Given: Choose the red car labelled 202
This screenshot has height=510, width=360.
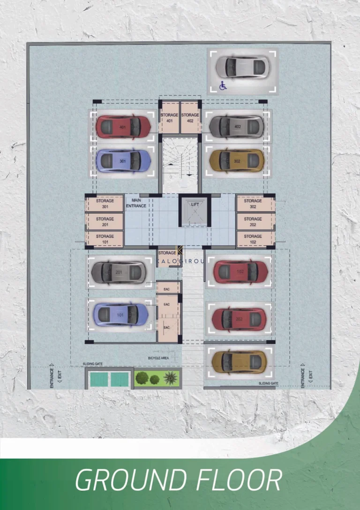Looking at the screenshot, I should click(239, 319).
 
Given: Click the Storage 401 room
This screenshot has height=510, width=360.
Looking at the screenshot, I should click(169, 117).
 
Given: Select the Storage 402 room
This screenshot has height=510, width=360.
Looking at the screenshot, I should click(190, 117).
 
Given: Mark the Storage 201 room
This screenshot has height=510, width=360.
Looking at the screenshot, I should click(105, 221).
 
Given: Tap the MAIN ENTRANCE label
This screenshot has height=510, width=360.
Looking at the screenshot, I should click(136, 203).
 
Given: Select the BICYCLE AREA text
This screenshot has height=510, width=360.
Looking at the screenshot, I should click(158, 358).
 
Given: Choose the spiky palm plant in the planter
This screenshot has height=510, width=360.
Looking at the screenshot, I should click(171, 377).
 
